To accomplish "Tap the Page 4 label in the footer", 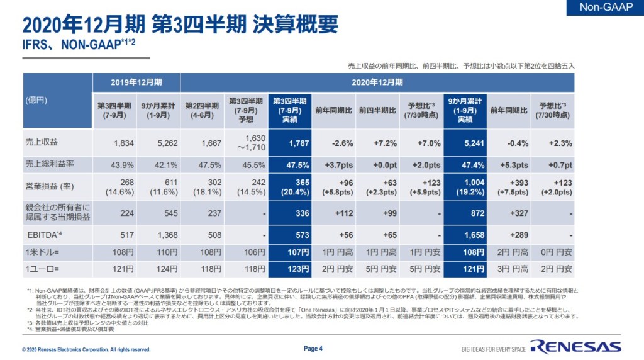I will click(313, 349).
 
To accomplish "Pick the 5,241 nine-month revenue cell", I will click(465, 143).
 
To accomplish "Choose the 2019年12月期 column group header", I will click(136, 82).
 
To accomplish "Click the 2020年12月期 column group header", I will click(377, 82).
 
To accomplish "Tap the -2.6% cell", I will click(333, 143).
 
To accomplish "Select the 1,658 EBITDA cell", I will click(465, 235).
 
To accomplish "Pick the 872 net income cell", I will click(465, 213).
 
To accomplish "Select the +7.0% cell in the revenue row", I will click(421, 143).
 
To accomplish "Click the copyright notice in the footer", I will click(86, 350).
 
